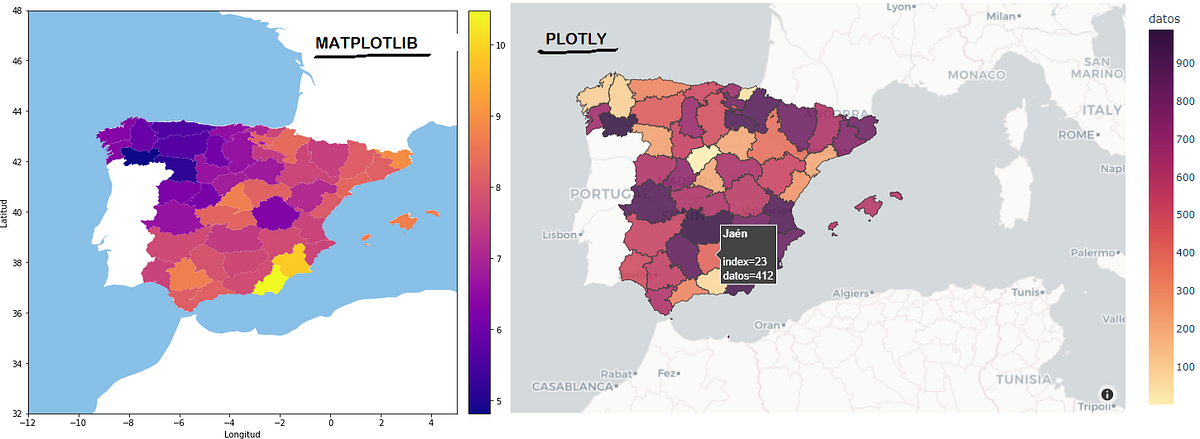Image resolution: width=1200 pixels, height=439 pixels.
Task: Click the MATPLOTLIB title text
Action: coord(366,43)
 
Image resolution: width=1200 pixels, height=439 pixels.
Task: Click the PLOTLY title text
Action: coord(577,39)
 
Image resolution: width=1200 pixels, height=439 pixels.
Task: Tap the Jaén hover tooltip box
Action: coord(747,254)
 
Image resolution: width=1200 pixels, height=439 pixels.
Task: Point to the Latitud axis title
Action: coord(5,212)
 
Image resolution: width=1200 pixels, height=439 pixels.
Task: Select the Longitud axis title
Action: coord(242,434)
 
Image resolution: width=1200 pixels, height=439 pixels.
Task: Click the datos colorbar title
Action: coord(1165,18)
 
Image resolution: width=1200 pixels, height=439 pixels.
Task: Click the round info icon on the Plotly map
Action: coord(1107,394)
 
